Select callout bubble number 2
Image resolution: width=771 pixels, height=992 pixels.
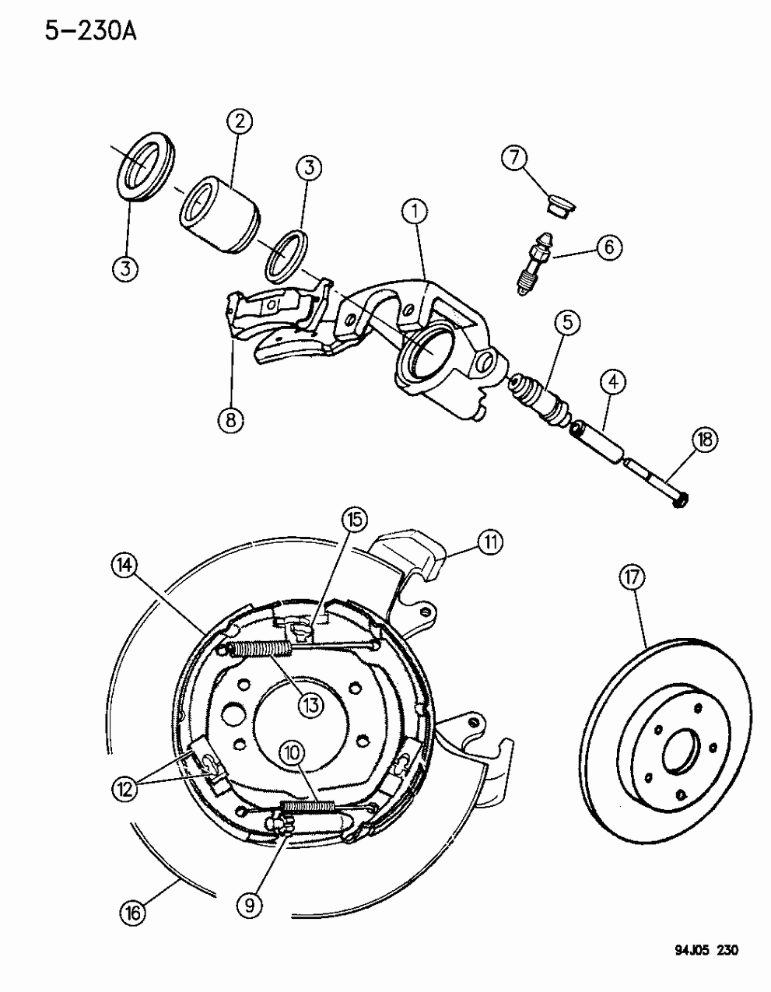pos(240,121)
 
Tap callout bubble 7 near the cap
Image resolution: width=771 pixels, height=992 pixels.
pos(514,158)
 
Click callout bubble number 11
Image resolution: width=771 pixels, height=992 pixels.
pos(489,542)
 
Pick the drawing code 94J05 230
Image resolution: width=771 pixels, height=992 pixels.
pos(701,972)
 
